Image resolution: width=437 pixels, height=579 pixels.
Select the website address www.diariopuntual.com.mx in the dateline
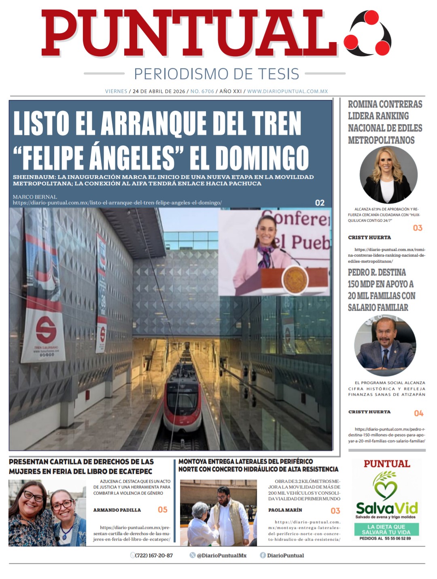click(x=287, y=91)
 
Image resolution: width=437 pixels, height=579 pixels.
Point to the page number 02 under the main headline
click(x=320, y=203)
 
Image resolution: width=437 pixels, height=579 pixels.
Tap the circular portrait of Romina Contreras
click(x=388, y=175)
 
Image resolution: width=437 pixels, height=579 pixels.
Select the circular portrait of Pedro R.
click(x=385, y=346)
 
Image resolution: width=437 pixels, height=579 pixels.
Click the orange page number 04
click(x=418, y=413)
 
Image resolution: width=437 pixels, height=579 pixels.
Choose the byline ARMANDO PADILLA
click(x=117, y=510)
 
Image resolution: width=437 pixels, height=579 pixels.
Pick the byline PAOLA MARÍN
click(x=285, y=510)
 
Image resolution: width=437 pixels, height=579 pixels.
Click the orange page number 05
click(x=163, y=510)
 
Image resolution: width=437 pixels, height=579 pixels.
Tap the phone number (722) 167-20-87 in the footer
click(x=154, y=556)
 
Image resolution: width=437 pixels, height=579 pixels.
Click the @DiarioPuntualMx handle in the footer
click(x=221, y=556)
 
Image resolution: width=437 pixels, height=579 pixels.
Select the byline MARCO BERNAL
click(x=35, y=197)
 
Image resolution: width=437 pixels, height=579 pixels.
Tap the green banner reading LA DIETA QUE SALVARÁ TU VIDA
click(x=386, y=529)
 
